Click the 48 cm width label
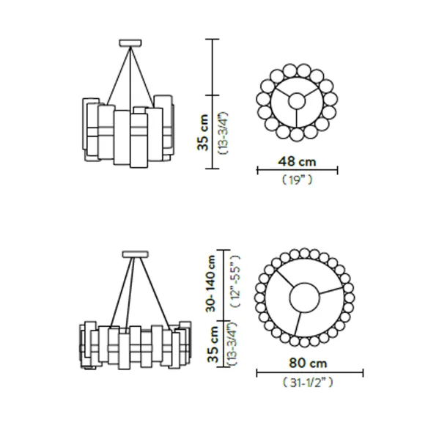click(x=297, y=161)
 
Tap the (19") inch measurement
click(x=297, y=180)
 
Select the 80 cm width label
click(x=308, y=364)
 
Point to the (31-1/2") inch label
click(x=308, y=383)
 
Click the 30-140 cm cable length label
click(x=211, y=284)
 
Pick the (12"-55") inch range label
click(x=235, y=281)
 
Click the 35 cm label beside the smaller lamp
click(x=203, y=133)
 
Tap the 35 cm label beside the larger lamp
click(x=213, y=344)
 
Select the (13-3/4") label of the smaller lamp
click(x=224, y=133)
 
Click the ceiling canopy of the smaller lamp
click(x=130, y=43)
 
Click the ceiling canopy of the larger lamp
click(x=136, y=254)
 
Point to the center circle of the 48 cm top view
click(x=297, y=101)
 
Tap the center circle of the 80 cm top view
click(x=304, y=298)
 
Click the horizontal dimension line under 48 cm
click(x=298, y=170)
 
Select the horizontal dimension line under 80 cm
click(x=310, y=373)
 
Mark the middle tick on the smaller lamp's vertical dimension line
click(x=212, y=95)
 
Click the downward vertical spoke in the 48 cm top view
click(x=297, y=119)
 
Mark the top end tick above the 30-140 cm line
click(x=224, y=250)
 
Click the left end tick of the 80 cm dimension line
click(x=257, y=373)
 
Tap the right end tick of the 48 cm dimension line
click(x=338, y=170)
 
